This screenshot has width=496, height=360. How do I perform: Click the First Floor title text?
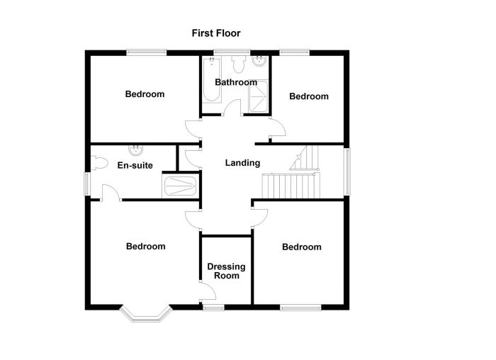[x=215, y=33]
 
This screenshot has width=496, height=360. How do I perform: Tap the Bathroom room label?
[x=236, y=82]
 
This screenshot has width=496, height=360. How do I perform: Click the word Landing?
[x=242, y=163]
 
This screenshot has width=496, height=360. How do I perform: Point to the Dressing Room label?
[x=226, y=271]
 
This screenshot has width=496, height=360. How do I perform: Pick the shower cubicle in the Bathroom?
[x=259, y=97]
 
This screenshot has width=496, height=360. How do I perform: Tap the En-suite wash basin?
[x=135, y=150]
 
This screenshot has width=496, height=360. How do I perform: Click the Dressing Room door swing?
[x=206, y=291]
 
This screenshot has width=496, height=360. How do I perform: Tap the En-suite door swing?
[x=108, y=193]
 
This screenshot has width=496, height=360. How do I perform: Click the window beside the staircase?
[x=346, y=169]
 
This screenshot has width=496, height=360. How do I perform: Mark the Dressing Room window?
[x=213, y=307]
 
